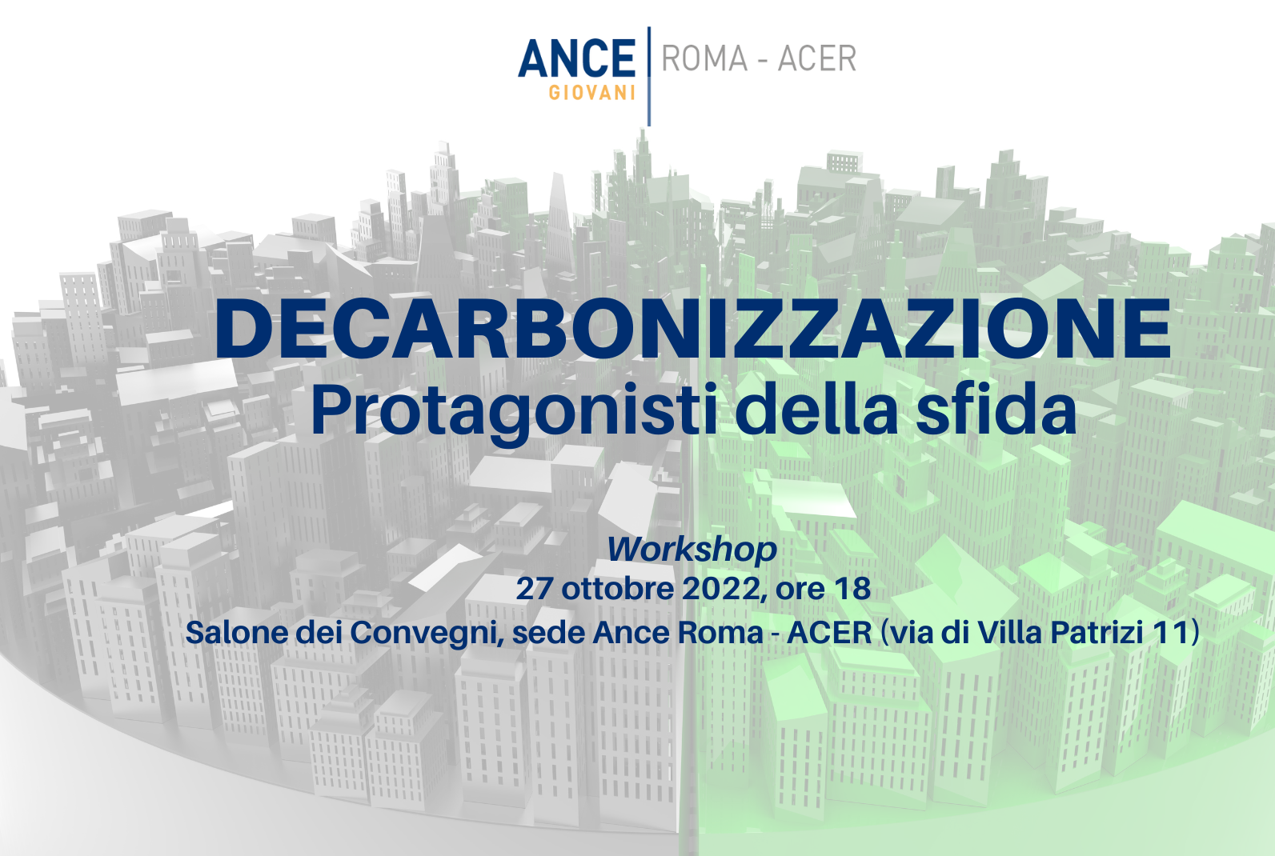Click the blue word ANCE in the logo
[576, 58]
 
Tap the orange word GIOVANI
[592, 93]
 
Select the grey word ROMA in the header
[704, 58]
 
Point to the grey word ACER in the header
[817, 58]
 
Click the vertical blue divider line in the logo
[649, 76]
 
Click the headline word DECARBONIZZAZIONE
[692, 330]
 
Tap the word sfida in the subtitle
[996, 408]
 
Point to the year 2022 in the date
[720, 589]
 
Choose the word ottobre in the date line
[618, 589]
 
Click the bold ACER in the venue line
[829, 633]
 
